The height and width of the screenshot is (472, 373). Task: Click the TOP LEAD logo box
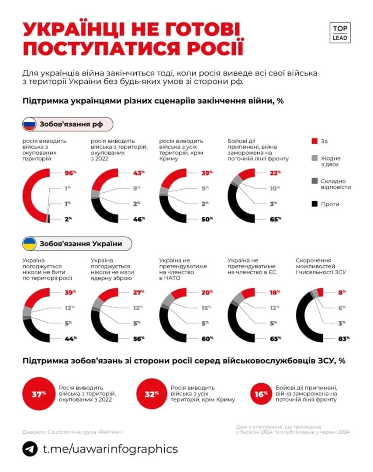(x=340, y=33)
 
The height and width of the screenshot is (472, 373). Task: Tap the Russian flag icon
(x=29, y=125)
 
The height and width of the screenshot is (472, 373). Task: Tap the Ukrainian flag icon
(x=29, y=243)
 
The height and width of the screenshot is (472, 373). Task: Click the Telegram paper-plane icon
(x=30, y=449)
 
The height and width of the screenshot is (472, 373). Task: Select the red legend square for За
(x=314, y=141)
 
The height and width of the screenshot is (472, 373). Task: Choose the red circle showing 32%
(x=152, y=394)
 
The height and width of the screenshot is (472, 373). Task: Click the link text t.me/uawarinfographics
(x=110, y=449)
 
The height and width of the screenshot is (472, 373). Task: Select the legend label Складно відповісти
(x=336, y=184)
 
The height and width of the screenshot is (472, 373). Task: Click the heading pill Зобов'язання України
(x=77, y=243)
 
